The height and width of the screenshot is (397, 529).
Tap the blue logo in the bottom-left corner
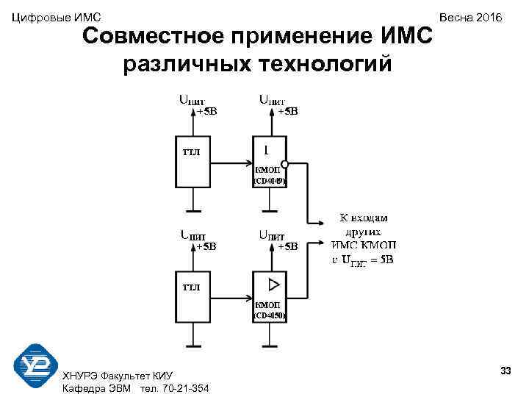(x=36, y=365)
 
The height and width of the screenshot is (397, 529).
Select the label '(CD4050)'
(x=270, y=315)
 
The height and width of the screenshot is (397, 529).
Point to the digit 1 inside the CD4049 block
(x=265, y=150)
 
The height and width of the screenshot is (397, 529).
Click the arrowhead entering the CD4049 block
(x=248, y=164)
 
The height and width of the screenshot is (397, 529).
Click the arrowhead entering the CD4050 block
(x=248, y=298)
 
